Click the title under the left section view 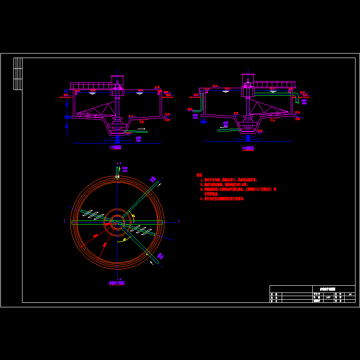[116, 147]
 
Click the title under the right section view [248, 148]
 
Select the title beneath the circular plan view [117, 283]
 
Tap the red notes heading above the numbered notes [199, 175]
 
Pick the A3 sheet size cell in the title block [350, 294]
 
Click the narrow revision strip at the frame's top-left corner [18, 73]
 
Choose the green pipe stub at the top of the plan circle [117, 171]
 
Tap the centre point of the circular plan [117, 222]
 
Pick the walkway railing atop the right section [274, 84]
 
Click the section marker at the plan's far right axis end [179, 221]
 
